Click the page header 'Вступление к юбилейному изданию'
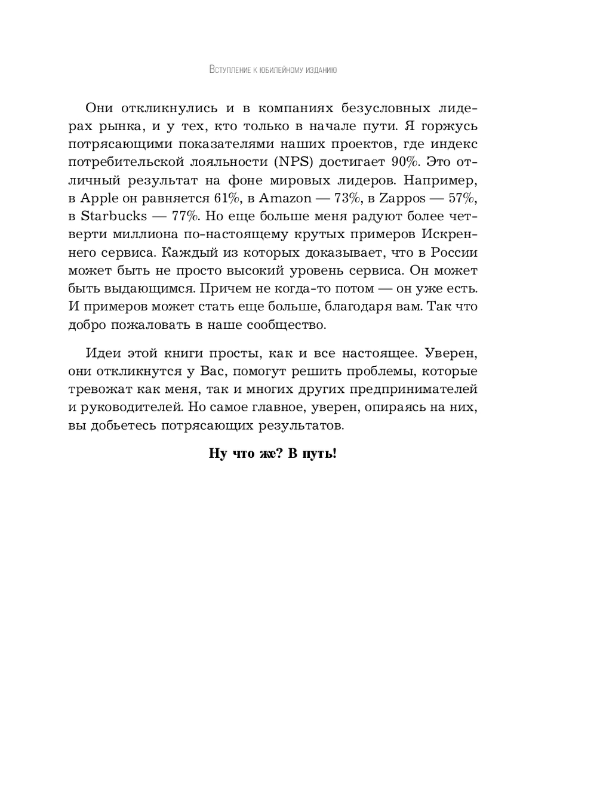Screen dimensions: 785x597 coord(273,70)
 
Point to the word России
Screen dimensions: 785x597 coord(453,252)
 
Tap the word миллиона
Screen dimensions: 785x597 coord(149,234)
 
